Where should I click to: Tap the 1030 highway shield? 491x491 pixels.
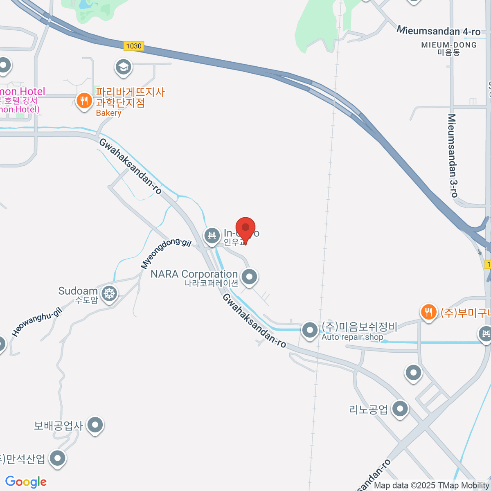134,46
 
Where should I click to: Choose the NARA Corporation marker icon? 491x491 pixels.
249,277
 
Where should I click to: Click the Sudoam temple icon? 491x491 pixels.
109,293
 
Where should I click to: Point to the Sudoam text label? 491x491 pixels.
78,291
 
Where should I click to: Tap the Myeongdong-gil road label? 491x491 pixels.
166,253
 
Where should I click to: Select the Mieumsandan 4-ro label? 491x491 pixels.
439,31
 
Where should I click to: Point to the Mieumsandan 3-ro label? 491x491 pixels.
453,155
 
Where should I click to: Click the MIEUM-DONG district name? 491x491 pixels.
449,45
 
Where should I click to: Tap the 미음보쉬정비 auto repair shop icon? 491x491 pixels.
310,330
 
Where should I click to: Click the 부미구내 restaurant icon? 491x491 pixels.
428,312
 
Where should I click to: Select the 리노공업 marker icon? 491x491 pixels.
400,408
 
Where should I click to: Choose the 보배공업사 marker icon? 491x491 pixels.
95,425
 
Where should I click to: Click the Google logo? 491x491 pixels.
26,482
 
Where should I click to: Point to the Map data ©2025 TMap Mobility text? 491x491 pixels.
432,486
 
